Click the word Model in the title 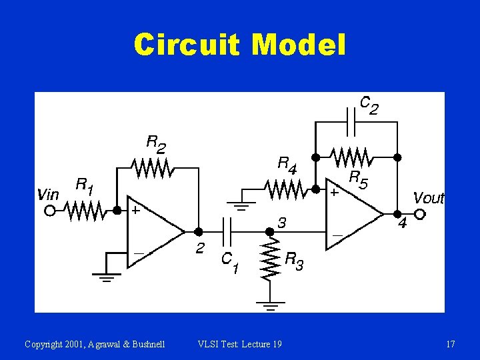pyautogui.click(x=300, y=45)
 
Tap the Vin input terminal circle pyautogui.click(x=49, y=211)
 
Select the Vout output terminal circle pyautogui.click(x=420, y=214)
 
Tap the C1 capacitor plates pyautogui.click(x=228, y=231)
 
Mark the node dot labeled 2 pyautogui.click(x=198, y=231)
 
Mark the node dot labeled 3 pyautogui.click(x=269, y=231)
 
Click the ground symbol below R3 pyautogui.click(x=270, y=307)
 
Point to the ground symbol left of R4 pyautogui.click(x=241, y=204)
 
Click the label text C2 pyautogui.click(x=369, y=105)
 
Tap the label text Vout pyautogui.click(x=428, y=198)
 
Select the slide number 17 pyautogui.click(x=451, y=344)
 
